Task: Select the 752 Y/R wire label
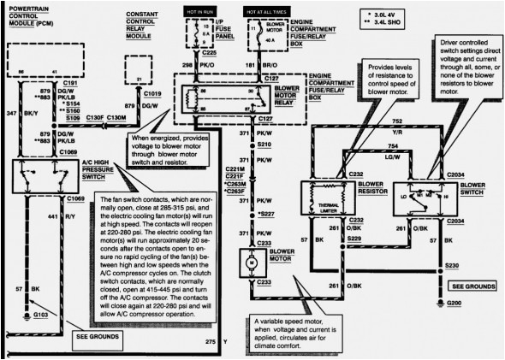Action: tap(401, 125)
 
